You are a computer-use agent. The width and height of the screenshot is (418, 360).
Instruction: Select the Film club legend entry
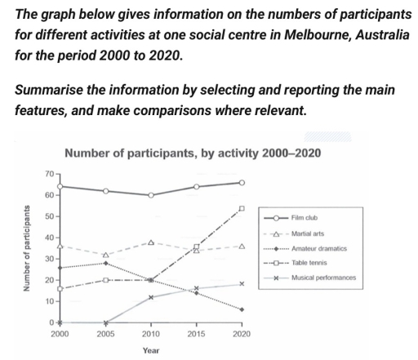pyautogui.click(x=291, y=218)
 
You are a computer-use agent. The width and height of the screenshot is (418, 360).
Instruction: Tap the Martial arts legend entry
pyautogui.click(x=294, y=233)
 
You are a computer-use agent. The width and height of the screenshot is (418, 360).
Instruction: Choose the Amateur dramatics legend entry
pyautogui.click(x=305, y=249)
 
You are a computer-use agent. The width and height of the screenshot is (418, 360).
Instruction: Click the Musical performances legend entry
pyautogui.click(x=310, y=278)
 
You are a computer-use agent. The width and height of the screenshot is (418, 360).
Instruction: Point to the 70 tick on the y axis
pyautogui.click(x=50, y=174)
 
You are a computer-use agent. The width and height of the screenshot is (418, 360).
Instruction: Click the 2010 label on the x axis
pyautogui.click(x=151, y=334)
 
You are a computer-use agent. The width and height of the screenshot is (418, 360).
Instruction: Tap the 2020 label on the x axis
pyautogui.click(x=242, y=334)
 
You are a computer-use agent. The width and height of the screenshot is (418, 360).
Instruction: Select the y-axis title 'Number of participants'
pyautogui.click(x=26, y=248)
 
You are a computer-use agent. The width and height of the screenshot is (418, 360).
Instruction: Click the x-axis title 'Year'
pyautogui.click(x=151, y=350)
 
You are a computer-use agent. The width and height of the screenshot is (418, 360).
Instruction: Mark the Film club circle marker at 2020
pyautogui.click(x=242, y=183)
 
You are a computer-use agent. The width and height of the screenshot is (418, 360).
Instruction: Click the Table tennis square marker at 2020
pyautogui.click(x=242, y=208)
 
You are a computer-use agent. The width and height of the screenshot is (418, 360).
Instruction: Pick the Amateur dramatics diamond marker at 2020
pyautogui.click(x=242, y=309)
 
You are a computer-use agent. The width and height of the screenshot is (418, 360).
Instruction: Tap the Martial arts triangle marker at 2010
pyautogui.click(x=151, y=242)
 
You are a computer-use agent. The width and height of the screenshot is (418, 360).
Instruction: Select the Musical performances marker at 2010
pyautogui.click(x=151, y=297)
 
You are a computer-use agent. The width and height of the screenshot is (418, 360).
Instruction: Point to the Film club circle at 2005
pyautogui.click(x=105, y=191)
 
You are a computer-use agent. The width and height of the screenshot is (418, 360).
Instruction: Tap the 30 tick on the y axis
pyautogui.click(x=50, y=259)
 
